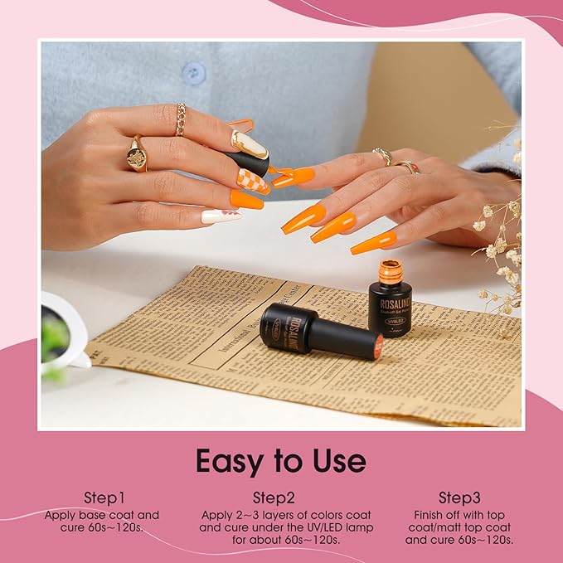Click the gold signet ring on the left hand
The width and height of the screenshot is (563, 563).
point(137,155)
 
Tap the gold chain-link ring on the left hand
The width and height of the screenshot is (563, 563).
point(181,119)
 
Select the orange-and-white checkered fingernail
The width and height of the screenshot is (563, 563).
point(253,181)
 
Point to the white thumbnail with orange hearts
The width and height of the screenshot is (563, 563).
point(221,216)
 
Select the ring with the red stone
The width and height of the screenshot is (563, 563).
point(408,166)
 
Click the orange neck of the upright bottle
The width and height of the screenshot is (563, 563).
point(390,272)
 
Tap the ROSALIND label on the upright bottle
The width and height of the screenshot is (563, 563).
point(390,303)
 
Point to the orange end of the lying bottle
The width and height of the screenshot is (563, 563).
point(377,345)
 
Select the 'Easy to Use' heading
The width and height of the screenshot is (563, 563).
point(280,460)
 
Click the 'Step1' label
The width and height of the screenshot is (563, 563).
point(104,497)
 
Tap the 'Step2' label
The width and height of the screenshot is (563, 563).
point(274,497)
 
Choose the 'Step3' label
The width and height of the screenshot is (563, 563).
point(459,497)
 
